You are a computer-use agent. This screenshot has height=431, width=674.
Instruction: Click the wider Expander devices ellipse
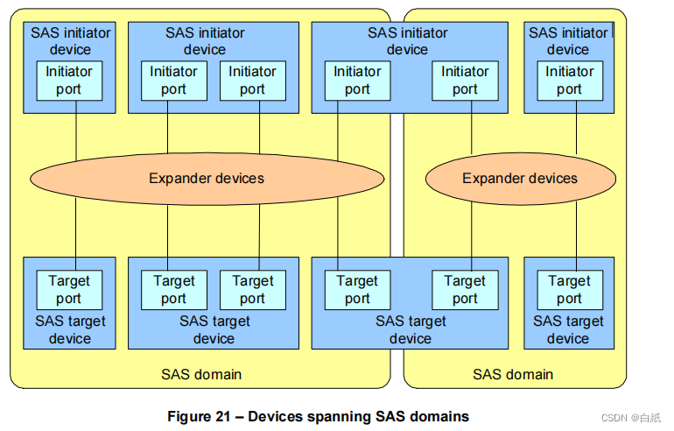pos(207,179)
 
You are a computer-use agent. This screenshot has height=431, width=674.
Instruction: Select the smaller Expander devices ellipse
pos(520,179)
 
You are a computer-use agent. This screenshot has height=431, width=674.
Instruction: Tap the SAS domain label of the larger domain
pos(201,374)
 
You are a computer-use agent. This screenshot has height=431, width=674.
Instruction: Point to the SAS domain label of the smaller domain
pos(513,374)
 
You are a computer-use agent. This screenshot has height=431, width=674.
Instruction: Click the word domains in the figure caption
pos(439,416)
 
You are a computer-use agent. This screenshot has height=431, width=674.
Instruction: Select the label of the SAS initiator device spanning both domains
pos(407,41)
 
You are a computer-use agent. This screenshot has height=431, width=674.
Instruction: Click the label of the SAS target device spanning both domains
pos(410,329)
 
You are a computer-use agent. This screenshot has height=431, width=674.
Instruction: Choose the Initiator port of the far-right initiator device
pos(569,80)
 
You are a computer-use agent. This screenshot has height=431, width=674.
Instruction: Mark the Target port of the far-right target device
pos(569,289)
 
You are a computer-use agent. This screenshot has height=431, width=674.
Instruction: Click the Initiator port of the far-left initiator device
pos(69,80)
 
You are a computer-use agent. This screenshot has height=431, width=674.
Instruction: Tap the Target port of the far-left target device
pos(69,289)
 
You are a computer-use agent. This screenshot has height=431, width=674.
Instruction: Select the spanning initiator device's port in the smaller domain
pos(465,80)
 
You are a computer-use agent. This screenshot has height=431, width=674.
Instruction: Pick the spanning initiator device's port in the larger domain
pos(357,80)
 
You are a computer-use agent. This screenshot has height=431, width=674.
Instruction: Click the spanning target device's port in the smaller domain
pos(465,289)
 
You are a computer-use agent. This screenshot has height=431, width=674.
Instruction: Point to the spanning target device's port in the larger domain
pos(357,289)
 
